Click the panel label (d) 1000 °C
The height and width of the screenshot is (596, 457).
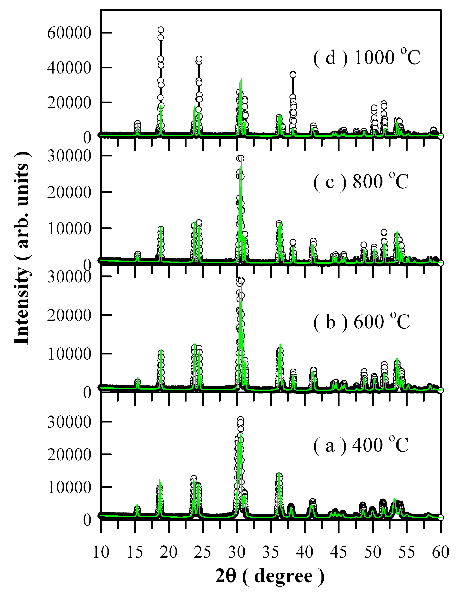[x=367, y=57]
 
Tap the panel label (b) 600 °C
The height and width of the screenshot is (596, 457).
[x=361, y=322]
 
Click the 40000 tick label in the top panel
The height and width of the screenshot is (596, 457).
[x=69, y=68]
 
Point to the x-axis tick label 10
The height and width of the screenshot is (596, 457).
[x=101, y=552]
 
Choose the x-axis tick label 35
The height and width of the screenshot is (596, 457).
[x=271, y=552]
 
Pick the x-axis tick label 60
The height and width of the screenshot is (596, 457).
[x=440, y=552]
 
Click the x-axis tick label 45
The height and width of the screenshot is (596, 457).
[x=339, y=552]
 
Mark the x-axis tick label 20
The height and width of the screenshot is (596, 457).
[x=169, y=552]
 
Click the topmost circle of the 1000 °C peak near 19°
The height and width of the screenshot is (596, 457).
[x=161, y=30]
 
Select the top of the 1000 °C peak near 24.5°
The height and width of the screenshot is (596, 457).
[x=199, y=59]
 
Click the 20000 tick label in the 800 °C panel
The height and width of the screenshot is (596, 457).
[x=69, y=192]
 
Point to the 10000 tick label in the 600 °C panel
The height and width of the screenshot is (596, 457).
[x=69, y=354]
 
